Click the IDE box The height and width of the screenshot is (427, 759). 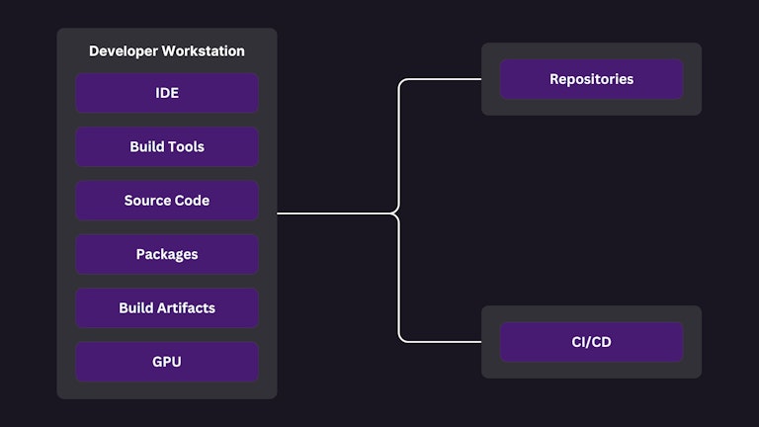[167, 93]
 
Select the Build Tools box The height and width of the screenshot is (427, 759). [167, 146]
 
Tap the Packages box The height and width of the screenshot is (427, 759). [167, 254]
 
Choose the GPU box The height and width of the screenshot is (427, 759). [167, 362]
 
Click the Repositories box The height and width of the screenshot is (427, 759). [591, 79]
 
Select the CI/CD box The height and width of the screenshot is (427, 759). [591, 342]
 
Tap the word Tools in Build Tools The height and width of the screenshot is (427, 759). [187, 146]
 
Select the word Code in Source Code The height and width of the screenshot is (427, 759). [191, 201]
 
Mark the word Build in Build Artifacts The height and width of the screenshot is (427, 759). [136, 307]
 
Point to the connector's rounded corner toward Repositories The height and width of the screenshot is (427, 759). [402, 83]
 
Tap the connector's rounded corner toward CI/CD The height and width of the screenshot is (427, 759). [402, 338]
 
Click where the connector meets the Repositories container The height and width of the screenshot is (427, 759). [480, 79]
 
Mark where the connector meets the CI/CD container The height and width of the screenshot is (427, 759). [480, 342]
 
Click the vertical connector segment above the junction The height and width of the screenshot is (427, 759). [398, 148]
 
